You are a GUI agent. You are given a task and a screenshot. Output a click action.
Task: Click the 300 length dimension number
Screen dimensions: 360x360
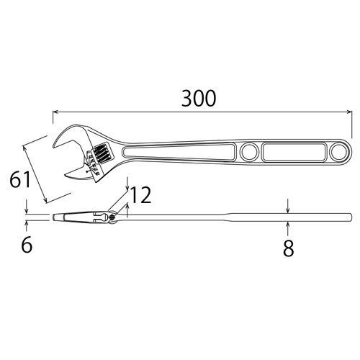199,99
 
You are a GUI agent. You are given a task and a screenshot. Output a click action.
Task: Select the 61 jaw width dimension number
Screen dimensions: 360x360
20,179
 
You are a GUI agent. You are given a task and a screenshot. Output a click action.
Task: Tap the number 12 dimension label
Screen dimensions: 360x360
141,194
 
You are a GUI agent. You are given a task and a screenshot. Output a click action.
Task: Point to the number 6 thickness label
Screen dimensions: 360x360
27,245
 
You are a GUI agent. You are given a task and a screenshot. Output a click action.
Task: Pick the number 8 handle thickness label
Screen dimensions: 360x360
288,248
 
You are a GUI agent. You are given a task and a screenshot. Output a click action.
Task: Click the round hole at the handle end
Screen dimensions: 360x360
338,152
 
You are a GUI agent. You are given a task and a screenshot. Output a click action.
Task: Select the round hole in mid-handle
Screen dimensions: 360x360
249,152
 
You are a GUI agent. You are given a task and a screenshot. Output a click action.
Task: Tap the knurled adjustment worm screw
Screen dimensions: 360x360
101,153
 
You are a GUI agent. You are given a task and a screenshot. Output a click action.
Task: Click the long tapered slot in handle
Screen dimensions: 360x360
179,152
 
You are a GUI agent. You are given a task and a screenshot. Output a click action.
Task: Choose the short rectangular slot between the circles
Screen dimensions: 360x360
294,152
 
